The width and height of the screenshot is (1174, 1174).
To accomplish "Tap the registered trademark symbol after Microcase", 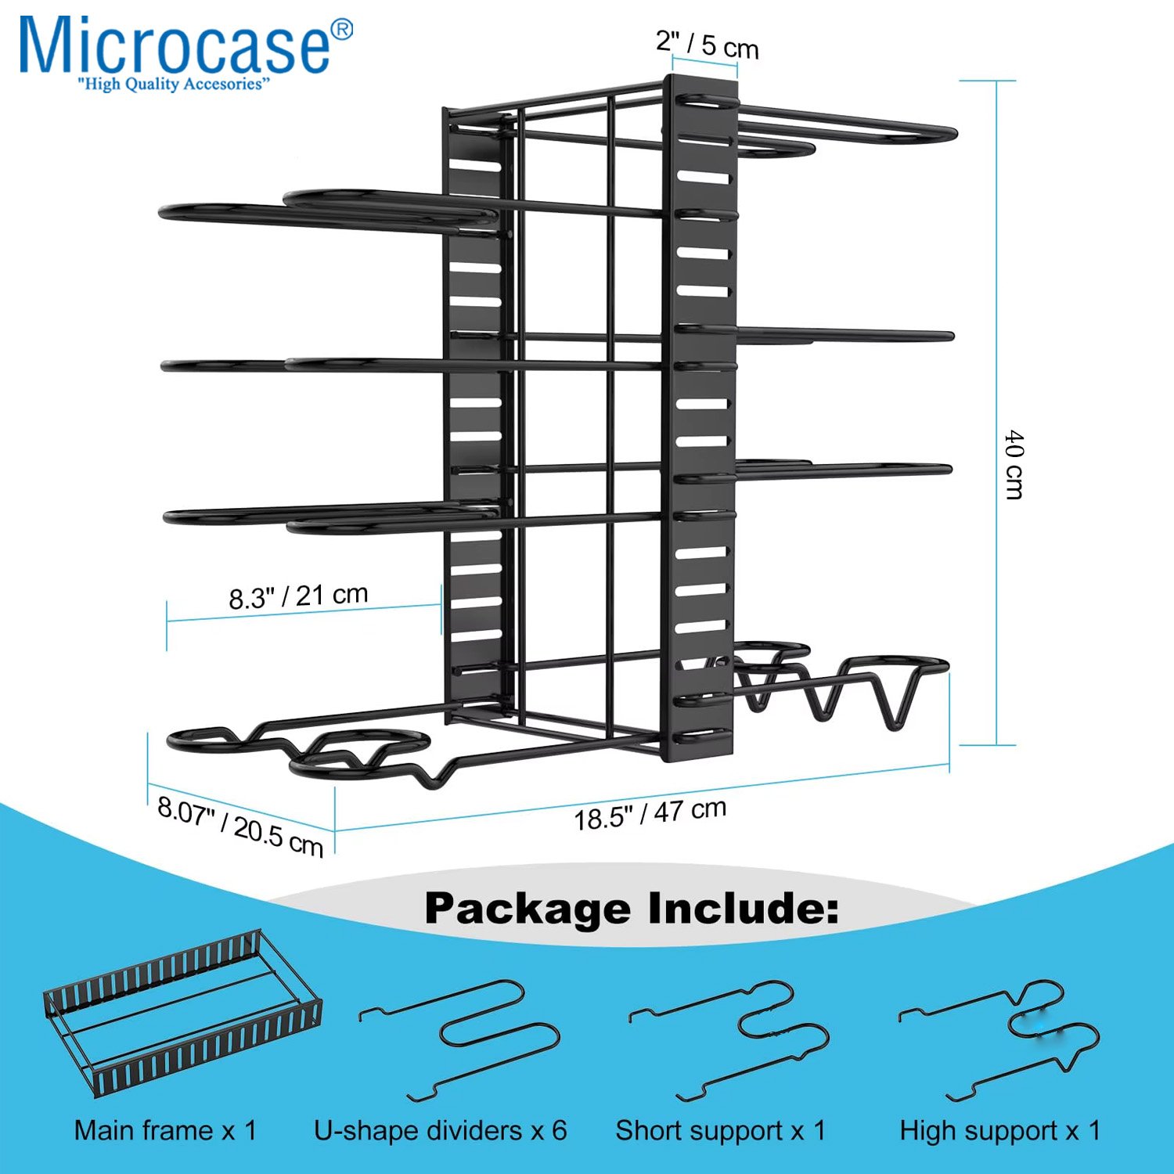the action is click(x=342, y=29).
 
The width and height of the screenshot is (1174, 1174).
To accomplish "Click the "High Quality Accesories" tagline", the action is click(x=173, y=85).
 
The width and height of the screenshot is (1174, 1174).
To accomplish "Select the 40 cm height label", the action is click(x=1014, y=464).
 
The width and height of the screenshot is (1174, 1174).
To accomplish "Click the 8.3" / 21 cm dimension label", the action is click(x=298, y=596).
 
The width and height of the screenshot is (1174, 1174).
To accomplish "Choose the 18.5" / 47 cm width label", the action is click(x=650, y=814).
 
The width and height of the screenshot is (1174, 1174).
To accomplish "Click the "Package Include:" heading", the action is click(x=631, y=909).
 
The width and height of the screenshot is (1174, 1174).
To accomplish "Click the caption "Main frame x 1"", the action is click(x=166, y=1131).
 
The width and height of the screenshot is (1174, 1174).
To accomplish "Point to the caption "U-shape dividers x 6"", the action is click(x=441, y=1131).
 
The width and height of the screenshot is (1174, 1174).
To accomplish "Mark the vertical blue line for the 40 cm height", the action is click(x=996, y=412).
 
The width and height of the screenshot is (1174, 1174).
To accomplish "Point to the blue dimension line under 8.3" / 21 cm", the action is click(x=304, y=613).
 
